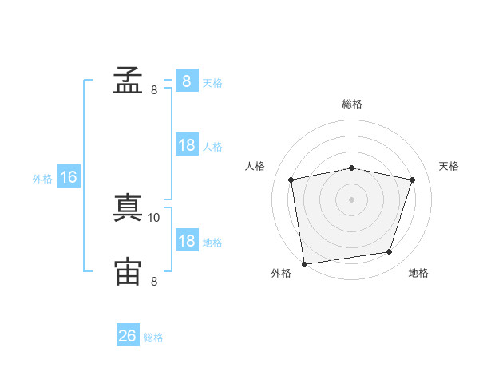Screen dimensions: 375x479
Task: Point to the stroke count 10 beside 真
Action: (x=154, y=217)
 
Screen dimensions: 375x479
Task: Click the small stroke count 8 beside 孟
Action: (x=154, y=90)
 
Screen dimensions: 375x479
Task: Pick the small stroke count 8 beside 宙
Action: (x=154, y=281)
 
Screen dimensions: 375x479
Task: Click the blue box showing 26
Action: (x=128, y=336)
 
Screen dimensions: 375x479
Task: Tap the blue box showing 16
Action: (x=69, y=177)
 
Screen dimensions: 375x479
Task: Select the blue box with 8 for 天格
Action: (x=186, y=81)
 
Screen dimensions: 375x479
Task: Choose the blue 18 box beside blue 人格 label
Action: (x=186, y=145)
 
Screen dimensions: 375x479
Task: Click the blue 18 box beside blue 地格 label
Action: (x=186, y=241)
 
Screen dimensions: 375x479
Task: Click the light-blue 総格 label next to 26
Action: (x=153, y=337)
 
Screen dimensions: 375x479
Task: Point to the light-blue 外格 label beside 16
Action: (x=42, y=179)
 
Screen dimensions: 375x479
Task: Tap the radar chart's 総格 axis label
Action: (x=352, y=104)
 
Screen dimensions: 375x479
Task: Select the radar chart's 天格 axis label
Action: (x=449, y=166)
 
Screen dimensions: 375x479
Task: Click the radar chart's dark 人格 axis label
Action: (x=255, y=166)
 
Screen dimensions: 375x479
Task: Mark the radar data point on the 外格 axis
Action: (x=304, y=263)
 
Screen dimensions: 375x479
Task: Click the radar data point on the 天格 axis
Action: (x=413, y=180)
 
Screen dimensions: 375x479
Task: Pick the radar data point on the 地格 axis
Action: (x=390, y=252)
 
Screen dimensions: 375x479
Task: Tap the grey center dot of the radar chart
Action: (x=352, y=199)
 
